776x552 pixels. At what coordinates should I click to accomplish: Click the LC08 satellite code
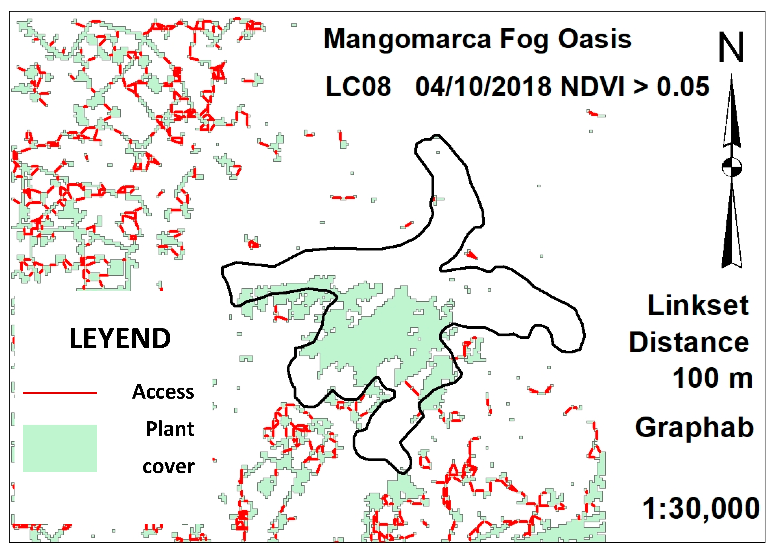click(358, 87)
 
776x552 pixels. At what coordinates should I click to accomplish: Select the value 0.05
click(683, 87)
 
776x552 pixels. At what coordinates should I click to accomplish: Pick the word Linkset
click(698, 305)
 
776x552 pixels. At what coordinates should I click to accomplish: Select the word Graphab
click(694, 428)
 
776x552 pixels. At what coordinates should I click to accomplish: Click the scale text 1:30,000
click(701, 508)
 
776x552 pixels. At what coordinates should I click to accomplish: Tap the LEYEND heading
click(120, 339)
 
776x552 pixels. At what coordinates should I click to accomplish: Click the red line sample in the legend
click(60, 393)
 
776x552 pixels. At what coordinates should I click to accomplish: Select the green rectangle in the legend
click(60, 448)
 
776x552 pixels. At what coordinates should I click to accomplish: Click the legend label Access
click(163, 392)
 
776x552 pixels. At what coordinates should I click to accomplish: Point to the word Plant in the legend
click(170, 429)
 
